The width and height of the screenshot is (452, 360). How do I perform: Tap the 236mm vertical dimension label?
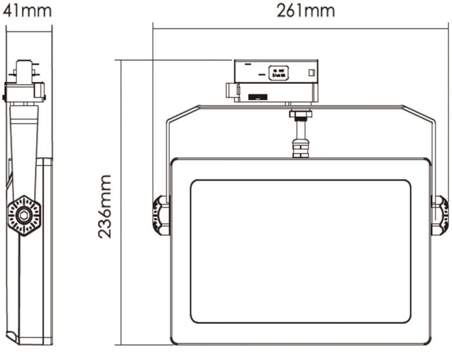point(105,206)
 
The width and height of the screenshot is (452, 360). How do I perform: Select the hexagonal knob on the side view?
point(24,214)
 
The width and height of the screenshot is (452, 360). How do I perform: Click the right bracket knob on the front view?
point(440,215)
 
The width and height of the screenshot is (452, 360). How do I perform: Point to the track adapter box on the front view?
point(276,80)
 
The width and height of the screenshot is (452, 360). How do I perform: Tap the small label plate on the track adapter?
point(279,73)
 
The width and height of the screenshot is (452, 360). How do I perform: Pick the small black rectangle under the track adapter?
point(259,97)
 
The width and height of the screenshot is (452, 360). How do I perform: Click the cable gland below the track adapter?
point(300,134)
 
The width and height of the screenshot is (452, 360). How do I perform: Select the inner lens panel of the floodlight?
point(300,251)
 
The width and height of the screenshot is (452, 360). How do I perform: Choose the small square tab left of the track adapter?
point(230,91)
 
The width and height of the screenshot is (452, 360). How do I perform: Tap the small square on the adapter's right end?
point(312,72)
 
